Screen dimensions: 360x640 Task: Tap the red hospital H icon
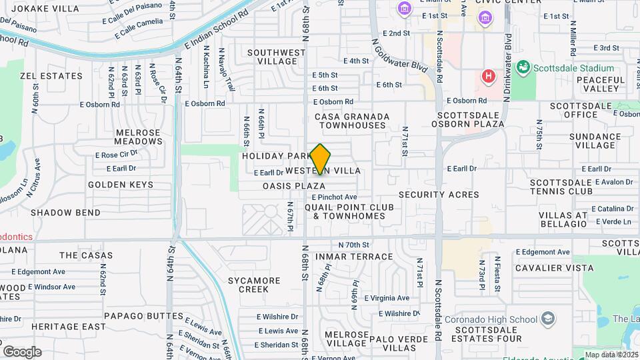coord(489,76)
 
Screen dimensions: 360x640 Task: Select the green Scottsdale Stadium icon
coord(523,68)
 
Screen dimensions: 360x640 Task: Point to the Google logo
coord(22,351)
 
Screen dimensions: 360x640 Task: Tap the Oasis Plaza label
coord(294,186)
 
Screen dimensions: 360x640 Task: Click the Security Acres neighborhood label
coord(439,195)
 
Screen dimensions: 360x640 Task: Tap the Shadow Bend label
coord(65,213)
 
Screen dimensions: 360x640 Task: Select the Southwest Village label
coord(277,57)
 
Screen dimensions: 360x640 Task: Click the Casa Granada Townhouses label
coord(352,121)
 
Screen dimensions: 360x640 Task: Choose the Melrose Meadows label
coord(138,137)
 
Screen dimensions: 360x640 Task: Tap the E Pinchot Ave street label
coord(335,197)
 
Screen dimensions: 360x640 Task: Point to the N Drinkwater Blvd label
coord(507,67)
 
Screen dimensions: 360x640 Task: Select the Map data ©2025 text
coord(611,355)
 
